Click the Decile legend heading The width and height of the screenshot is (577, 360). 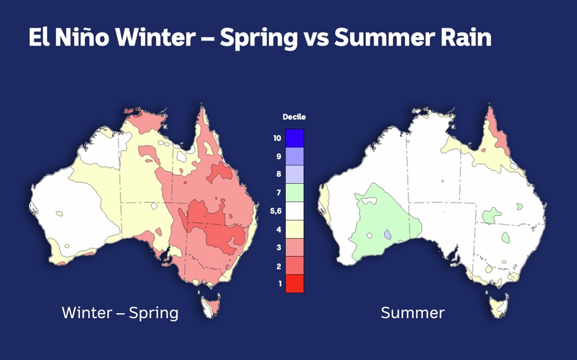[294, 117]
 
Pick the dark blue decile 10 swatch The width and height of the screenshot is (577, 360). [294, 138]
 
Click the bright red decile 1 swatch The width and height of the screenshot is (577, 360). [294, 284]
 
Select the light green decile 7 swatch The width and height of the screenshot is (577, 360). [294, 193]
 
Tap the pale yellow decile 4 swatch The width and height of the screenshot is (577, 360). [294, 229]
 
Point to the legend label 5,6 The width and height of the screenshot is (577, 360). [276, 211]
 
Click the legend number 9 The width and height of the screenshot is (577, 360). [278, 157]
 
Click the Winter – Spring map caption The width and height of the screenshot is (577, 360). [120, 312]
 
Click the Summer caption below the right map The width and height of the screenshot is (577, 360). [412, 312]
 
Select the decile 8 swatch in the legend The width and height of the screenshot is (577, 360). [294, 174]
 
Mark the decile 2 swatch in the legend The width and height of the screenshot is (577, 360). [294, 266]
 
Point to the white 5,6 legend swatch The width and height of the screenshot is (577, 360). [294, 211]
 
